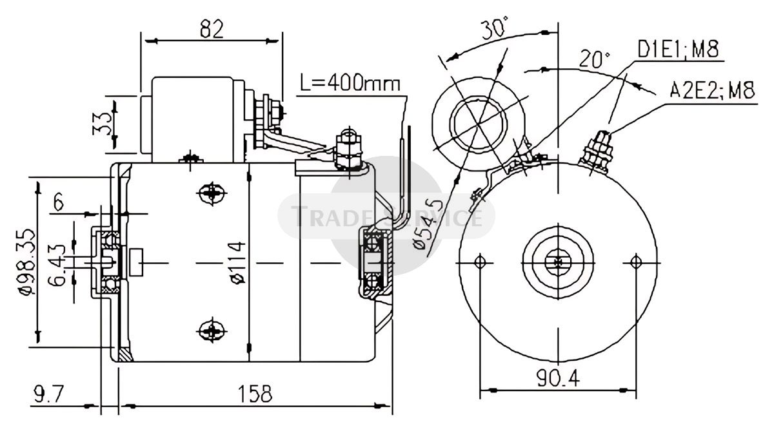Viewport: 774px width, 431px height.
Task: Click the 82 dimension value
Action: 212,30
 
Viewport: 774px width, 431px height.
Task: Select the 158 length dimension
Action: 255,394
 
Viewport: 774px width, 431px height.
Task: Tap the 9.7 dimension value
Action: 50,394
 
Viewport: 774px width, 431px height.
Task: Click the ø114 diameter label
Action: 238,263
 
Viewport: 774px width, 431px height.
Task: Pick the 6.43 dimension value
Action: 57,265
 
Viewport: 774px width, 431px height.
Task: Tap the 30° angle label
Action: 495,27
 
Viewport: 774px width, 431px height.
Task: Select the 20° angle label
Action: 595,59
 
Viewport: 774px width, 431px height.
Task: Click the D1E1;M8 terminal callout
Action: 679,49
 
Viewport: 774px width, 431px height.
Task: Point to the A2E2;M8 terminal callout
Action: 712,90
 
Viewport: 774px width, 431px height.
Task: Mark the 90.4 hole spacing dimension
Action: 558,378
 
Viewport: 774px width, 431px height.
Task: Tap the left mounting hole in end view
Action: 480,263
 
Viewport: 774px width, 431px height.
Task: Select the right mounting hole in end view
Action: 635,263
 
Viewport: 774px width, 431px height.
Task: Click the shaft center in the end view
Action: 558,263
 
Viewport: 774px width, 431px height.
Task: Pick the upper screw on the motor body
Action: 212,193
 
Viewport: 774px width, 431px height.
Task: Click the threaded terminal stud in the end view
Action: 597,152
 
